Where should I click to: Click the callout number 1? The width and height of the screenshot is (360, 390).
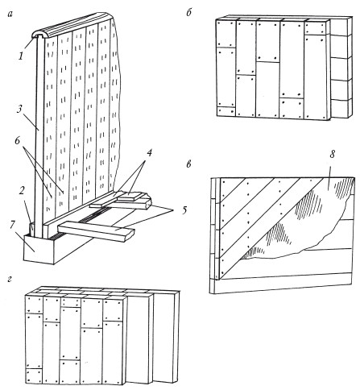pyautogui.click(x=21, y=56)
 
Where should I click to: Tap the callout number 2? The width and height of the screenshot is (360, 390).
pyautogui.click(x=22, y=191)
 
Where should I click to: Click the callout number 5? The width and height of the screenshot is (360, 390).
pyautogui.click(x=184, y=210)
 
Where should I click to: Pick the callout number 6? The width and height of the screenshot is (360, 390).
pyautogui.click(x=18, y=140)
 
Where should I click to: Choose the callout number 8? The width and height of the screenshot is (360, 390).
pyautogui.click(x=333, y=154)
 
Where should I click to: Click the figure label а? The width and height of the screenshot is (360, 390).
pyautogui.click(x=10, y=15)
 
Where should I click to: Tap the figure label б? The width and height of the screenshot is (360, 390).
pyautogui.click(x=188, y=12)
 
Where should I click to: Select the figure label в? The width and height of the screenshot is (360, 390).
pyautogui.click(x=188, y=164)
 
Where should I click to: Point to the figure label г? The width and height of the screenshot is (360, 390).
pyautogui.click(x=10, y=280)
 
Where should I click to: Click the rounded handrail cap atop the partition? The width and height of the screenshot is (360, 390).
pyautogui.click(x=72, y=26)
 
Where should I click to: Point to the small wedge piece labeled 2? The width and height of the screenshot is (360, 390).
pyautogui.click(x=31, y=229)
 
